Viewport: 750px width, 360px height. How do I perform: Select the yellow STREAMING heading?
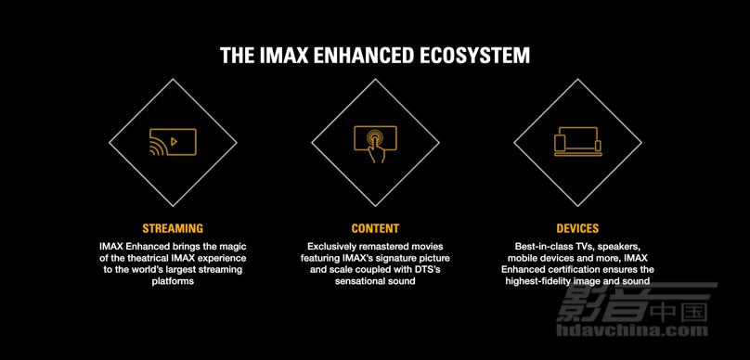tap(173, 228)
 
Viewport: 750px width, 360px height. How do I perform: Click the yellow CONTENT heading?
tap(375, 228)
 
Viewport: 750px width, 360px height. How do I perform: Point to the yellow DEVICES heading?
tap(577, 228)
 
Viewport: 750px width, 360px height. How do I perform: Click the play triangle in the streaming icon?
tap(175, 141)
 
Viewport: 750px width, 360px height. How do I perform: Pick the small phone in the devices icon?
tap(598, 147)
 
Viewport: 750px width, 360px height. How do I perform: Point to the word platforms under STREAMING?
tap(173, 281)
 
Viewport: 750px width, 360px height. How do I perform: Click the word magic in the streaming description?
tap(232, 247)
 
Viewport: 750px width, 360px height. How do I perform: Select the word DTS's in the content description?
tap(433, 270)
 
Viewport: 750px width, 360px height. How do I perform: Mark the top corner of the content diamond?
tap(376, 79)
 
